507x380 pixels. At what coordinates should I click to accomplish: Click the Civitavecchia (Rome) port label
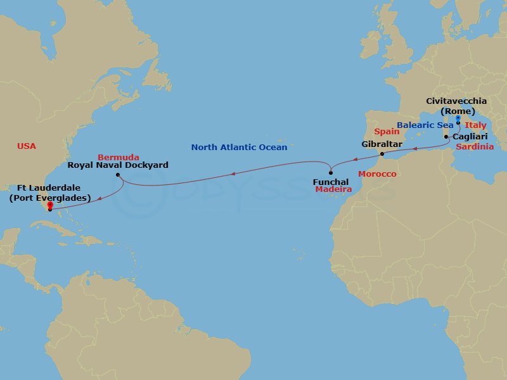pos(456,106)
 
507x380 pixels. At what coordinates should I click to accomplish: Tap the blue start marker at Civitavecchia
pos(458,119)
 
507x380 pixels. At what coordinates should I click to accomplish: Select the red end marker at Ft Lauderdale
pos(49,205)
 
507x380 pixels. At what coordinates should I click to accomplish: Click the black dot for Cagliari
pos(446,137)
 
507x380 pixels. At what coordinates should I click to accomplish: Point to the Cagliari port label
pos(470,136)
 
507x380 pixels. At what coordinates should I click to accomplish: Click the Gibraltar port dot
pos(382,154)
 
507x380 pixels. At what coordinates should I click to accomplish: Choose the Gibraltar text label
pos(382,144)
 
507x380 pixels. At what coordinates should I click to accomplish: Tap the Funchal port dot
pos(331,173)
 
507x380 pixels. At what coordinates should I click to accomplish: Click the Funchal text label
pos(331,182)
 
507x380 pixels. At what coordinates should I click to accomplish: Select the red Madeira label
pos(333,190)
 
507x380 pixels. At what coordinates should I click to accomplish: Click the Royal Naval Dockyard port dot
pos(118,175)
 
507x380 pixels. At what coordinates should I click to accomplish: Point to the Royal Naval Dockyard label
pos(118,165)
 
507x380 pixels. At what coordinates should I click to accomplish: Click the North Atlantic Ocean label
pos(240,148)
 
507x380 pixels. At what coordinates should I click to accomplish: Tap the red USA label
pos(27,146)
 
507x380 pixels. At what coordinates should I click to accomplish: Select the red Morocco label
pos(377,174)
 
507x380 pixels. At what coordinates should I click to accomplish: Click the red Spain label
pos(386,132)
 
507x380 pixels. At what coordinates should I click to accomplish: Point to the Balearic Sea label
pos(425,125)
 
